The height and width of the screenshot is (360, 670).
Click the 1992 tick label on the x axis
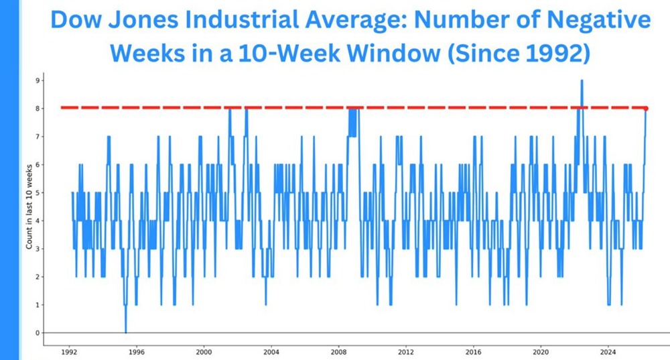(68, 351)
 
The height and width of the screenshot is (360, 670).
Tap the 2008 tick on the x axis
(338, 351)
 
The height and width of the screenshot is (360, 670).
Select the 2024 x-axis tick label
(608, 351)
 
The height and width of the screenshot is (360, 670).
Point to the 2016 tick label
(473, 351)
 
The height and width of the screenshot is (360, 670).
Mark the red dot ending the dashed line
(646, 108)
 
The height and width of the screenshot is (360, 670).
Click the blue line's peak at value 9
(582, 81)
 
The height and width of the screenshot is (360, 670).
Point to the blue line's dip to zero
(125, 332)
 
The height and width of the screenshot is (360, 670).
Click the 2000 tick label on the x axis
(204, 351)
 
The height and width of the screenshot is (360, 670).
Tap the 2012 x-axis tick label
(405, 351)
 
